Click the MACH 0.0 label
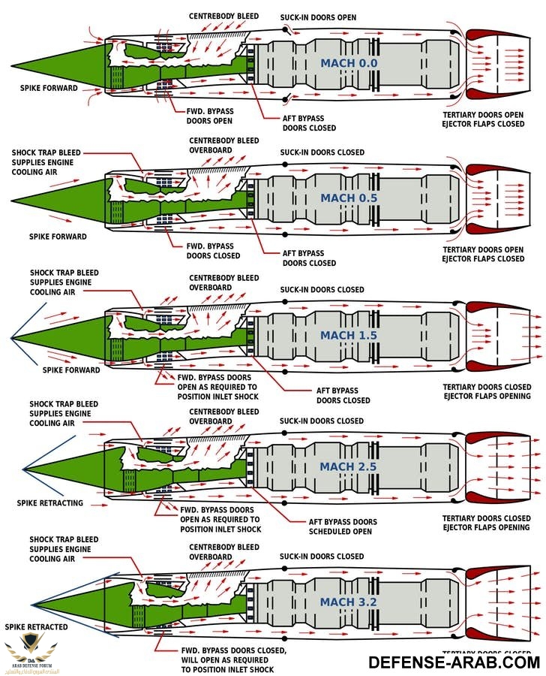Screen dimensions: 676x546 coord(349,64)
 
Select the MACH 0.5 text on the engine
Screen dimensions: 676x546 coord(349,198)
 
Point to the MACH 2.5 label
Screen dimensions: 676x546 coord(348,466)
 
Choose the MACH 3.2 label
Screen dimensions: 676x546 coord(349,602)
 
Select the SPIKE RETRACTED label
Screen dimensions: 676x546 coord(36,626)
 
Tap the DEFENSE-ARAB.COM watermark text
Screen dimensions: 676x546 coord(454,662)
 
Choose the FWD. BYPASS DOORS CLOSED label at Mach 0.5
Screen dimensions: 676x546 coord(213,251)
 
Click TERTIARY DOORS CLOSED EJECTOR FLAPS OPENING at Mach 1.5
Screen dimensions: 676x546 coord(487,391)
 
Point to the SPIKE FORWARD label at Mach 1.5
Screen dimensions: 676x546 coord(71,370)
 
